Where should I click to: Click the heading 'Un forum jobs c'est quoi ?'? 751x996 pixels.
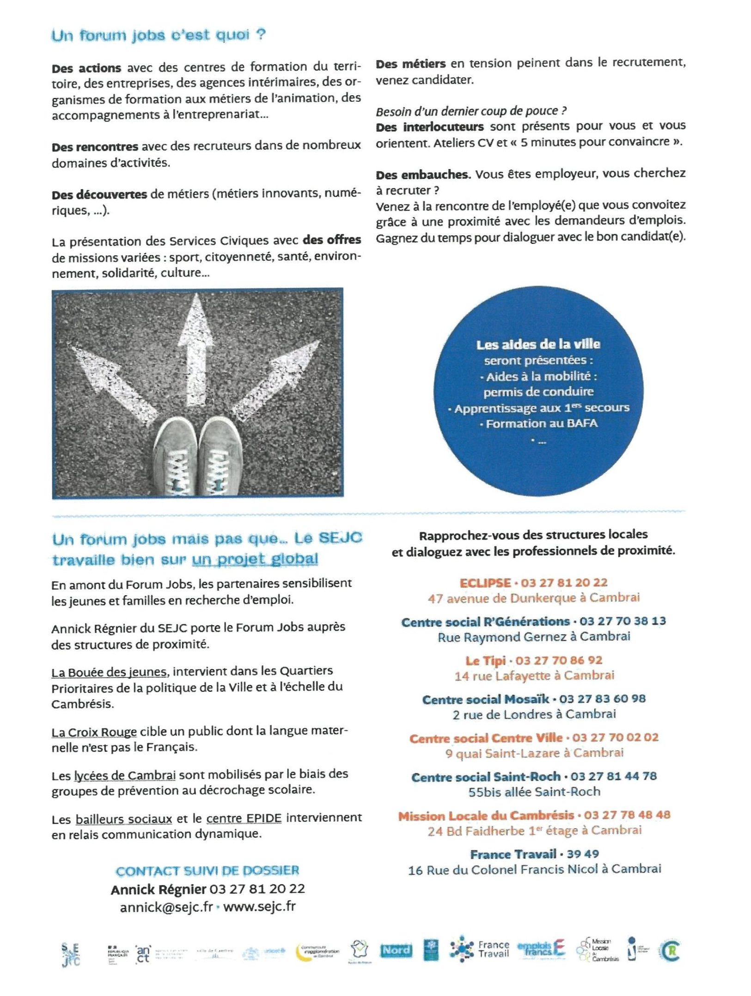click(158, 36)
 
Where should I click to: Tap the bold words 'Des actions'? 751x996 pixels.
click(86, 68)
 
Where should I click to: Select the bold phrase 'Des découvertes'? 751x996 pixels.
click(99, 194)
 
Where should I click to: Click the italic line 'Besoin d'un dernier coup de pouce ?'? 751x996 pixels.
click(471, 111)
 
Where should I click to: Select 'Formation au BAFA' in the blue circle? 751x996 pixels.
click(541, 424)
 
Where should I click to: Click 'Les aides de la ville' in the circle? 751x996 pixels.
click(538, 344)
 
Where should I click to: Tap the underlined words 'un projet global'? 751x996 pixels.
click(255, 559)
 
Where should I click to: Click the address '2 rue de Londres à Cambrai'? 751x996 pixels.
click(534, 714)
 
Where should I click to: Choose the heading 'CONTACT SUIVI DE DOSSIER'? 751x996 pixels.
click(208, 871)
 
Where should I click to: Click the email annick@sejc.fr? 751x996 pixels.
click(166, 907)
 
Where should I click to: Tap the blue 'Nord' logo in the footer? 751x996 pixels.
click(396, 950)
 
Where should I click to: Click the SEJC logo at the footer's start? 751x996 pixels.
click(71, 954)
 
